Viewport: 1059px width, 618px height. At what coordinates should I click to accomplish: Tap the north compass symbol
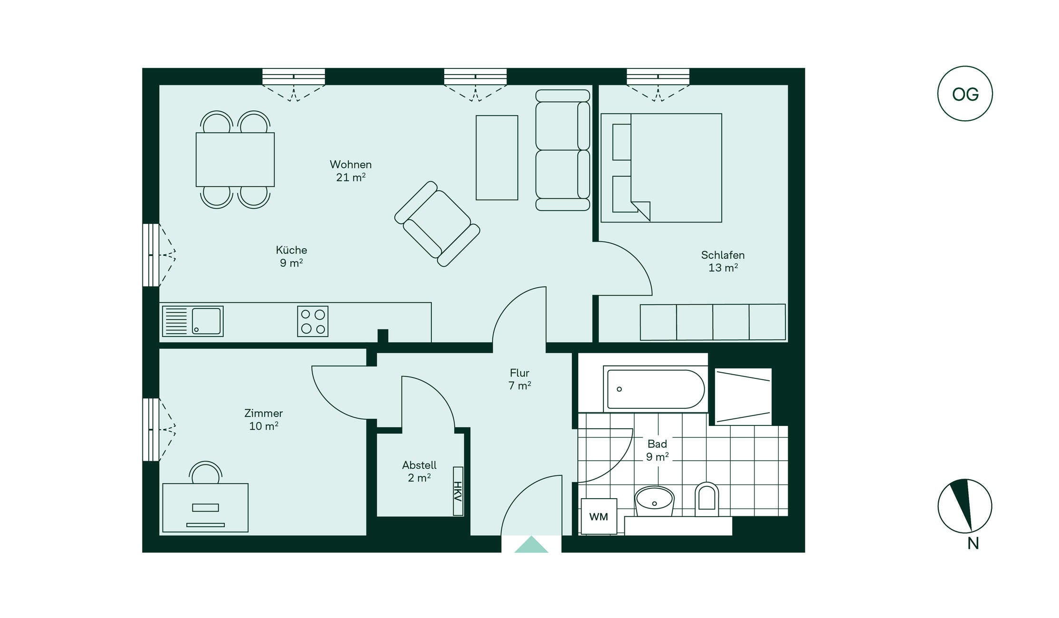965,506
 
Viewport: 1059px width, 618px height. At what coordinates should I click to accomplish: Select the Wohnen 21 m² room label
351,171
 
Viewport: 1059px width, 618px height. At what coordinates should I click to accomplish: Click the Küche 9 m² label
291,256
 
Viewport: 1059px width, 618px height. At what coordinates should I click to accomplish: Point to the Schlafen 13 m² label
723,261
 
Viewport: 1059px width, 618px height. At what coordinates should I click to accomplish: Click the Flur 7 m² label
519,379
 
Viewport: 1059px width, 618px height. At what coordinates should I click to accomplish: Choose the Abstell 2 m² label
419,471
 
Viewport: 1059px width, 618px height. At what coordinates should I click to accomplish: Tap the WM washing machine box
599,516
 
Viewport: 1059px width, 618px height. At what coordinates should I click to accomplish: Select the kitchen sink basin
206,321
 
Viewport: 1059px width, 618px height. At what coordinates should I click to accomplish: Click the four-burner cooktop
313,321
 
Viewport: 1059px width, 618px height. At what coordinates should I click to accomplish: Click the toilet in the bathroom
706,500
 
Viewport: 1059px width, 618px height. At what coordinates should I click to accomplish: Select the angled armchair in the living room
437,224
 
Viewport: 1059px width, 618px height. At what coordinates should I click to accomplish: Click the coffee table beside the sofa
497,157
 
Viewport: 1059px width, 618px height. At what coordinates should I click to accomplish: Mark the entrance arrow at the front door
531,545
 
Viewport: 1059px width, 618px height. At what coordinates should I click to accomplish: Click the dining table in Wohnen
235,159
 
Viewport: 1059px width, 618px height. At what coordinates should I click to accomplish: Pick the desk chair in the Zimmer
205,472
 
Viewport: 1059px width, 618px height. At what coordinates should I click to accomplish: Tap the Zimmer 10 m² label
264,420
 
